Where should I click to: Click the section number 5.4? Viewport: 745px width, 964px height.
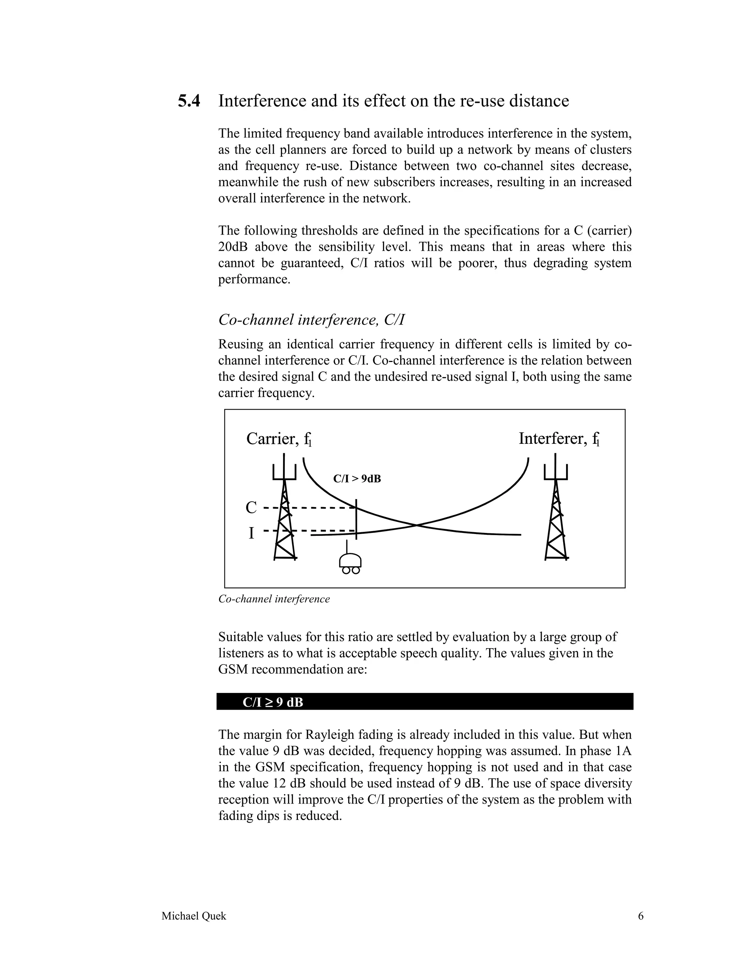click(189, 101)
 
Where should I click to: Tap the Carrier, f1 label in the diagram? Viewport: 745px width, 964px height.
click(279, 439)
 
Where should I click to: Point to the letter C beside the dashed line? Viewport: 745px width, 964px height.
click(251, 507)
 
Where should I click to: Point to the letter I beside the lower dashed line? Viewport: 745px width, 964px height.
click(251, 533)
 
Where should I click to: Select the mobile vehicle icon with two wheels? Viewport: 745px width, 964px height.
click(350, 563)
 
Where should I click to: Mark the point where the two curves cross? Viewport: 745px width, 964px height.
click(416, 525)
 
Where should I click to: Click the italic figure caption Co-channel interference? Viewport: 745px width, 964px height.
click(274, 599)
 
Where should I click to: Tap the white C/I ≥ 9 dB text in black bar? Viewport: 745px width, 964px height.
click(273, 702)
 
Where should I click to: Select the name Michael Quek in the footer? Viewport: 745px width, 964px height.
click(194, 916)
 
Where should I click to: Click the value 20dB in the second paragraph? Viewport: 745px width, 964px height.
click(232, 247)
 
